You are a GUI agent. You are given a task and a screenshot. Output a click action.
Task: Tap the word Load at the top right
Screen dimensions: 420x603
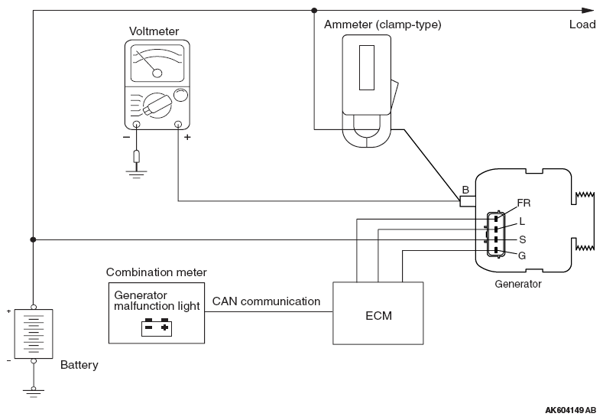(582, 24)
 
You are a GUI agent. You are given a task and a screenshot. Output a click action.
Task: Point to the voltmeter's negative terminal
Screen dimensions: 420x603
(137, 124)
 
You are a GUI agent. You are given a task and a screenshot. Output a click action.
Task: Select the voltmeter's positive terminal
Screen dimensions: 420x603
(178, 124)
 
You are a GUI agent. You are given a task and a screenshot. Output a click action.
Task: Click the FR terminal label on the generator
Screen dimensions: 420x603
(524, 203)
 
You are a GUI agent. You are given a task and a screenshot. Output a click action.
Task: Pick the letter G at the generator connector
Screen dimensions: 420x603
(522, 255)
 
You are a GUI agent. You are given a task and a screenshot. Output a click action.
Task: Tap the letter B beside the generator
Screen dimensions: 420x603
(465, 190)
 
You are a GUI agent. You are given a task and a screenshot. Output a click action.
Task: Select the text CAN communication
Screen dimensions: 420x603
(266, 301)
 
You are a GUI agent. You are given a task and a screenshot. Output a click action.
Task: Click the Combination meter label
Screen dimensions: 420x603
(156, 272)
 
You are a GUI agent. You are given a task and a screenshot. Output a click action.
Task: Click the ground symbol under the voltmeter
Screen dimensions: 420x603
(137, 174)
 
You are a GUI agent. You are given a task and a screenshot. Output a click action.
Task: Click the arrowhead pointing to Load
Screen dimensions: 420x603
(587, 10)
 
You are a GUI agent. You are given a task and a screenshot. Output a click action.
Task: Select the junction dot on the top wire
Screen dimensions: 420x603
(314, 10)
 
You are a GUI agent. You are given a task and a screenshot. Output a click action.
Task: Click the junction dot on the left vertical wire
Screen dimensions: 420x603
(33, 240)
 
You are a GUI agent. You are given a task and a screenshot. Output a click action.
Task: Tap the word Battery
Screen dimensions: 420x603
(79, 366)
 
